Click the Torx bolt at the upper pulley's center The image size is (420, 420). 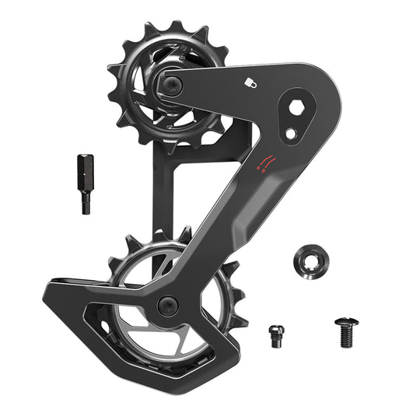click(172, 86)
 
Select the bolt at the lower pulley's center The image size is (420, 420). click(168, 305)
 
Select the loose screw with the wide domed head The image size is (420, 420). click(345, 331)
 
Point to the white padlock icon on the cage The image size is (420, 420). click(251, 82)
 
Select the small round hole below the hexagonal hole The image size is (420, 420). click(291, 133)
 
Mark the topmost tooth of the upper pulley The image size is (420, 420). click(175, 28)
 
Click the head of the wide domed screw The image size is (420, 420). click(345, 321)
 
